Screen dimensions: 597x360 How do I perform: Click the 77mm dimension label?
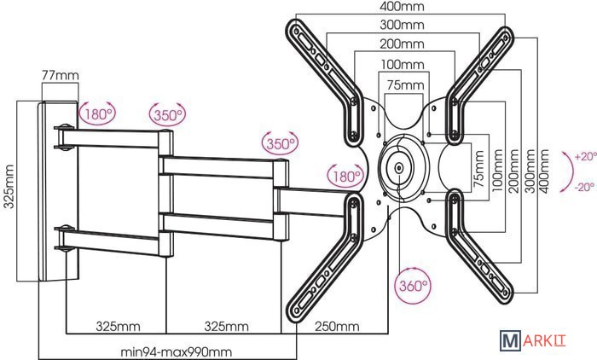61,75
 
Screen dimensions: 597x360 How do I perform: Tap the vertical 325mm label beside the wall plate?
9,187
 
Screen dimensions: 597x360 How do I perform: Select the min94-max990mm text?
176,352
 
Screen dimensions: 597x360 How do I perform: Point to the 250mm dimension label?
337,327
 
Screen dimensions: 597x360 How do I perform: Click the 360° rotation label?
414,285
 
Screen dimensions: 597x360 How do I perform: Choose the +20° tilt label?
585,157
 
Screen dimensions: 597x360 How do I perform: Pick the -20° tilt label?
584,187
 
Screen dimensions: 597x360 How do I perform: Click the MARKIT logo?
533,340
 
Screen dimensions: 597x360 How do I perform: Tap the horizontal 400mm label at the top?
402,6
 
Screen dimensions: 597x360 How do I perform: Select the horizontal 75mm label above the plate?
405,85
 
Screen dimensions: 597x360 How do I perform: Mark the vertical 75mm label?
479,168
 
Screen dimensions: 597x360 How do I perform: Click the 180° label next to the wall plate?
98,114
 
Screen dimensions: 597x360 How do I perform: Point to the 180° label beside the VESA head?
346,177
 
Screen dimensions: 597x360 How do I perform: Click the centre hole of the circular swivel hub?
399,167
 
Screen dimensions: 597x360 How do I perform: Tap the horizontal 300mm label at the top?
402,25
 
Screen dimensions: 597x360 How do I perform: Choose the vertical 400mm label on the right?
544,171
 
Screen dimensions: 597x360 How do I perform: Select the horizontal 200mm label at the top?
402,44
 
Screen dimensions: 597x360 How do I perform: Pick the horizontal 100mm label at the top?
403,64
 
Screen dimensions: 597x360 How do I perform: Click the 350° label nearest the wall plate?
168,114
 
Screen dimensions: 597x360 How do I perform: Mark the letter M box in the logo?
510,340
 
